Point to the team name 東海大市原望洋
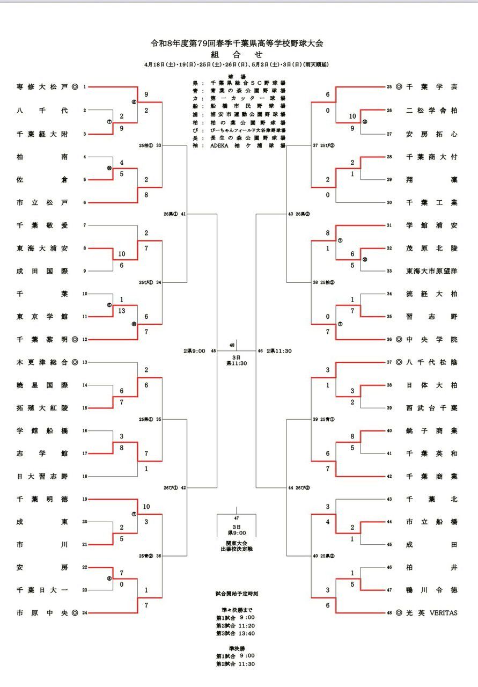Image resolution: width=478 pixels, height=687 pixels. tap(432, 271)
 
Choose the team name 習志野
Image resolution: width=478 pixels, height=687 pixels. tap(432, 316)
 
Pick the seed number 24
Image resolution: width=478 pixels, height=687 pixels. tap(84, 613)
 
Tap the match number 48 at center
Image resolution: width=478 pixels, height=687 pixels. tap(232, 345)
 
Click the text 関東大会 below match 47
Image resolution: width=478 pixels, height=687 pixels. tap(236, 543)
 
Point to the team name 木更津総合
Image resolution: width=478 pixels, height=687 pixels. tap(42, 362)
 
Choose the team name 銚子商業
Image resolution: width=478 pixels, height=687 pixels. tap(432, 430)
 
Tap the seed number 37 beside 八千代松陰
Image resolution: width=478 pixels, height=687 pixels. tap(389, 362)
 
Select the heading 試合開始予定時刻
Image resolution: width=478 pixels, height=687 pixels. tap(236, 594)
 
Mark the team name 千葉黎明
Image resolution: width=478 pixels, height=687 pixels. tap(42, 339)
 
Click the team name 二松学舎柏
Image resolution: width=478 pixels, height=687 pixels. tap(432, 110)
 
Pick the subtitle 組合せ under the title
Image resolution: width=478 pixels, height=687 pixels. tap(237, 54)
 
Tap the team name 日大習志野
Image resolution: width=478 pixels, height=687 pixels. tap(42, 476)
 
